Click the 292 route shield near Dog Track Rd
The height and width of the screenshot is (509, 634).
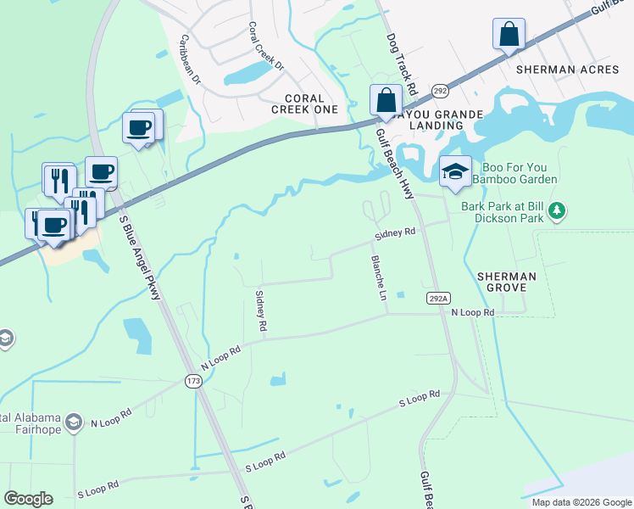point(439,90)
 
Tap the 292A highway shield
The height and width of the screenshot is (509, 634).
point(438,298)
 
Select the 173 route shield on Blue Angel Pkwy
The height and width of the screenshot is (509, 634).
point(193,382)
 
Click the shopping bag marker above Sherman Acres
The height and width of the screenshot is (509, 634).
point(509,35)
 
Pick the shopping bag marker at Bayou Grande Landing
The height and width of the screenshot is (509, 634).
point(386,99)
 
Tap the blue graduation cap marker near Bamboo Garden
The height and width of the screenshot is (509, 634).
point(455,172)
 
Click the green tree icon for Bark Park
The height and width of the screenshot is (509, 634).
point(557,210)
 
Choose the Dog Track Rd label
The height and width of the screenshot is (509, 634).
point(402,64)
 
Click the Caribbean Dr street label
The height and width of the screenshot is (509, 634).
point(189,60)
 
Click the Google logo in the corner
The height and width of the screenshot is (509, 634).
point(28,499)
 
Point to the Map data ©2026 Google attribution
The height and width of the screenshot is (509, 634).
point(581,502)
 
